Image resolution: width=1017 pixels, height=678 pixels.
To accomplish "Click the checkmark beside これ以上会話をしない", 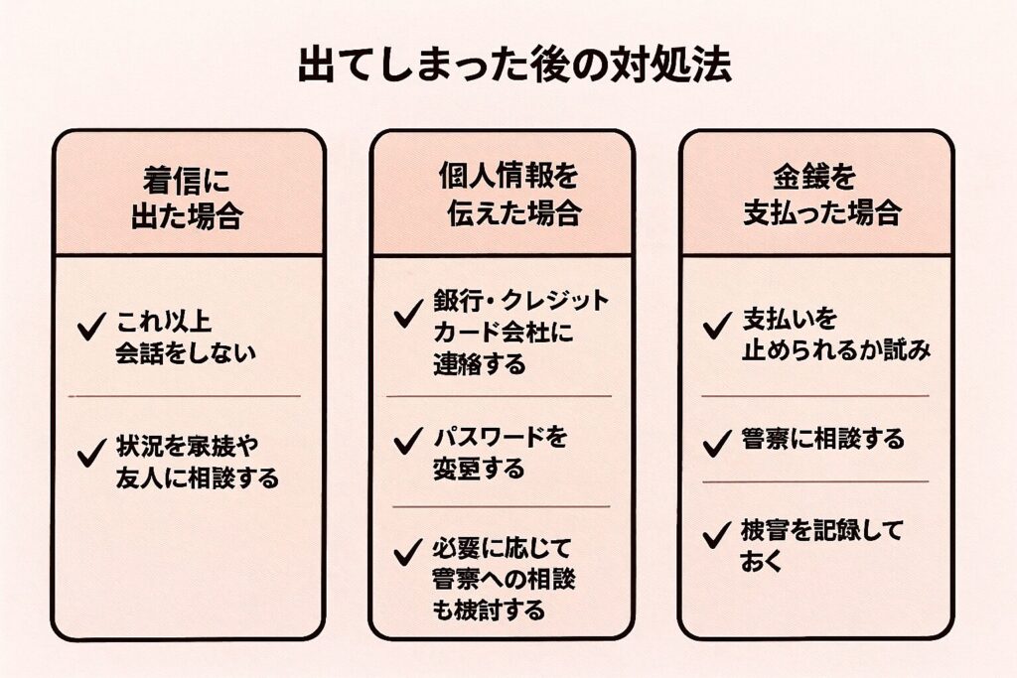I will click(91, 326).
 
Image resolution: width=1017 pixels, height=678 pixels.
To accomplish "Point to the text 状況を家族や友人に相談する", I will click(197, 461).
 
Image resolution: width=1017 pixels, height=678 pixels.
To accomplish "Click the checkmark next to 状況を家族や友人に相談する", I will click(91, 453).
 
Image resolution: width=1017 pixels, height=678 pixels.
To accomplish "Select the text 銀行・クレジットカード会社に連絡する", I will click(518, 333).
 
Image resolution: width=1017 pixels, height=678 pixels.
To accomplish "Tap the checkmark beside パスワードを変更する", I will click(407, 442).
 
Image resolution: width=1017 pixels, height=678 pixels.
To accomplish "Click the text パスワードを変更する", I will click(500, 453).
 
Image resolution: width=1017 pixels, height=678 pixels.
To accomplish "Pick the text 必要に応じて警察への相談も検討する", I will click(504, 579).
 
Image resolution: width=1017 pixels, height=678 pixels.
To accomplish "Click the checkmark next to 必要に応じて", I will click(407, 552).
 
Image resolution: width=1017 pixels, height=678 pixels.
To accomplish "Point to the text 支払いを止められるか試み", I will click(834, 336).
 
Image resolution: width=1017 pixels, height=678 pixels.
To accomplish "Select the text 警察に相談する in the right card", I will click(822, 439).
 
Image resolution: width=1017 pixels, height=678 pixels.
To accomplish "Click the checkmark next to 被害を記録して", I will click(716, 536).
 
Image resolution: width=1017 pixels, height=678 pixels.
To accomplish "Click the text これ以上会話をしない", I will click(185, 337).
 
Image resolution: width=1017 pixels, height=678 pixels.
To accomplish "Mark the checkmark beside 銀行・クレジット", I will click(407, 315).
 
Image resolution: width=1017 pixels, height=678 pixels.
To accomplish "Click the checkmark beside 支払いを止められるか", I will click(716, 327).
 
